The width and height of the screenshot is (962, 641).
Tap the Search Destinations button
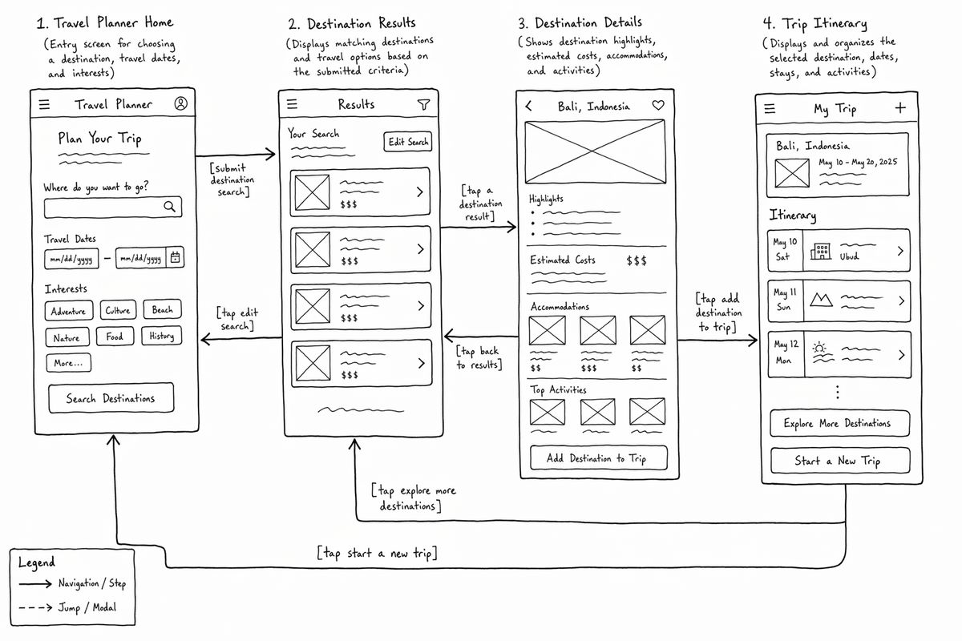point(111,398)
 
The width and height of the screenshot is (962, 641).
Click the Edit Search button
point(407,142)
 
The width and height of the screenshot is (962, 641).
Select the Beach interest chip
point(162,309)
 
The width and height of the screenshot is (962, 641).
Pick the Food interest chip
point(115,337)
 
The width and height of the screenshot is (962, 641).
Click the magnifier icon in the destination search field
point(170,207)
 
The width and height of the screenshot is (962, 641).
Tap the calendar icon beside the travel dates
point(176,257)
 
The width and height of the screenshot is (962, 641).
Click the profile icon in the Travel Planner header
point(181,103)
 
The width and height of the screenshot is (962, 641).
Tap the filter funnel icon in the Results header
point(423,104)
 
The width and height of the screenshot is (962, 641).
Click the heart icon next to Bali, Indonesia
point(658,105)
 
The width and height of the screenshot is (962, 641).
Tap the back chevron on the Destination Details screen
point(528,106)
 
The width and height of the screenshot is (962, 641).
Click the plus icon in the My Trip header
point(900,107)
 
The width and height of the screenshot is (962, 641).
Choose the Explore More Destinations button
point(839,423)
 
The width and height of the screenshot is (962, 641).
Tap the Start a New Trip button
point(840,461)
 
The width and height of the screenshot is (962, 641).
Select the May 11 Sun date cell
point(785,300)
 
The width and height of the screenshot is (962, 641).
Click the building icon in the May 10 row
point(820,251)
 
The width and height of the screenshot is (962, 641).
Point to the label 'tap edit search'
point(237,319)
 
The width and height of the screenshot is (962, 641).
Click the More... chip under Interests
point(69,363)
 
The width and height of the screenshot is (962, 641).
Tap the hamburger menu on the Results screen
point(292,104)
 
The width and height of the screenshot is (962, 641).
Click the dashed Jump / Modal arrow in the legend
point(35,607)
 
